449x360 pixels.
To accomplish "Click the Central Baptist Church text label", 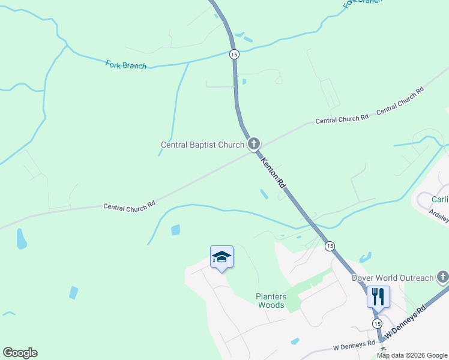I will (x=202, y=145).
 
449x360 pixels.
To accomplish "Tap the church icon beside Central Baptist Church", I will (x=254, y=144).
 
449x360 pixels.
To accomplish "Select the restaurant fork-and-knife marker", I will (x=378, y=296).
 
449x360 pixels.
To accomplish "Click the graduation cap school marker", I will (x=221, y=257).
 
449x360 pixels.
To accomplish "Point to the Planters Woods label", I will (x=271, y=301).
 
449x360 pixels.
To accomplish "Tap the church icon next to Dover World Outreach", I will (x=443, y=277).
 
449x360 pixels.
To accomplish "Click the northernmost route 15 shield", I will (x=234, y=54).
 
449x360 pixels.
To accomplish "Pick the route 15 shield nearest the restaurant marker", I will (x=376, y=323).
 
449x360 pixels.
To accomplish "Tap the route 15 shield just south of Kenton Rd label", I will (x=329, y=246).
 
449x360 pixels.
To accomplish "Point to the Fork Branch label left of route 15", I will (x=126, y=65).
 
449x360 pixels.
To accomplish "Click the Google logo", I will (x=20, y=352).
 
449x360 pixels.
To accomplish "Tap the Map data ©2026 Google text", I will (x=412, y=355).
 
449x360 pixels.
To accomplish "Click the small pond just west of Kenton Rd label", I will (x=264, y=194).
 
